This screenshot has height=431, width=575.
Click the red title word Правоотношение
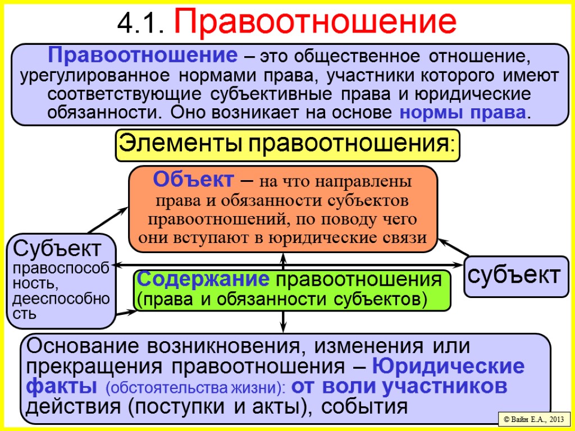[x=316, y=22]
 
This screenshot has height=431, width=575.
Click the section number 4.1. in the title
[x=142, y=23]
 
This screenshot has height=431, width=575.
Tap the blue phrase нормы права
[x=463, y=113]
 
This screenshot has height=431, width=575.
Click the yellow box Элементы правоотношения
[x=287, y=145]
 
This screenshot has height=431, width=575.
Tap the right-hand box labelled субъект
[x=515, y=275]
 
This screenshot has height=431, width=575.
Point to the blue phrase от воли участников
[x=401, y=387]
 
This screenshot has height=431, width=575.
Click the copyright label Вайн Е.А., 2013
[x=533, y=419]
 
